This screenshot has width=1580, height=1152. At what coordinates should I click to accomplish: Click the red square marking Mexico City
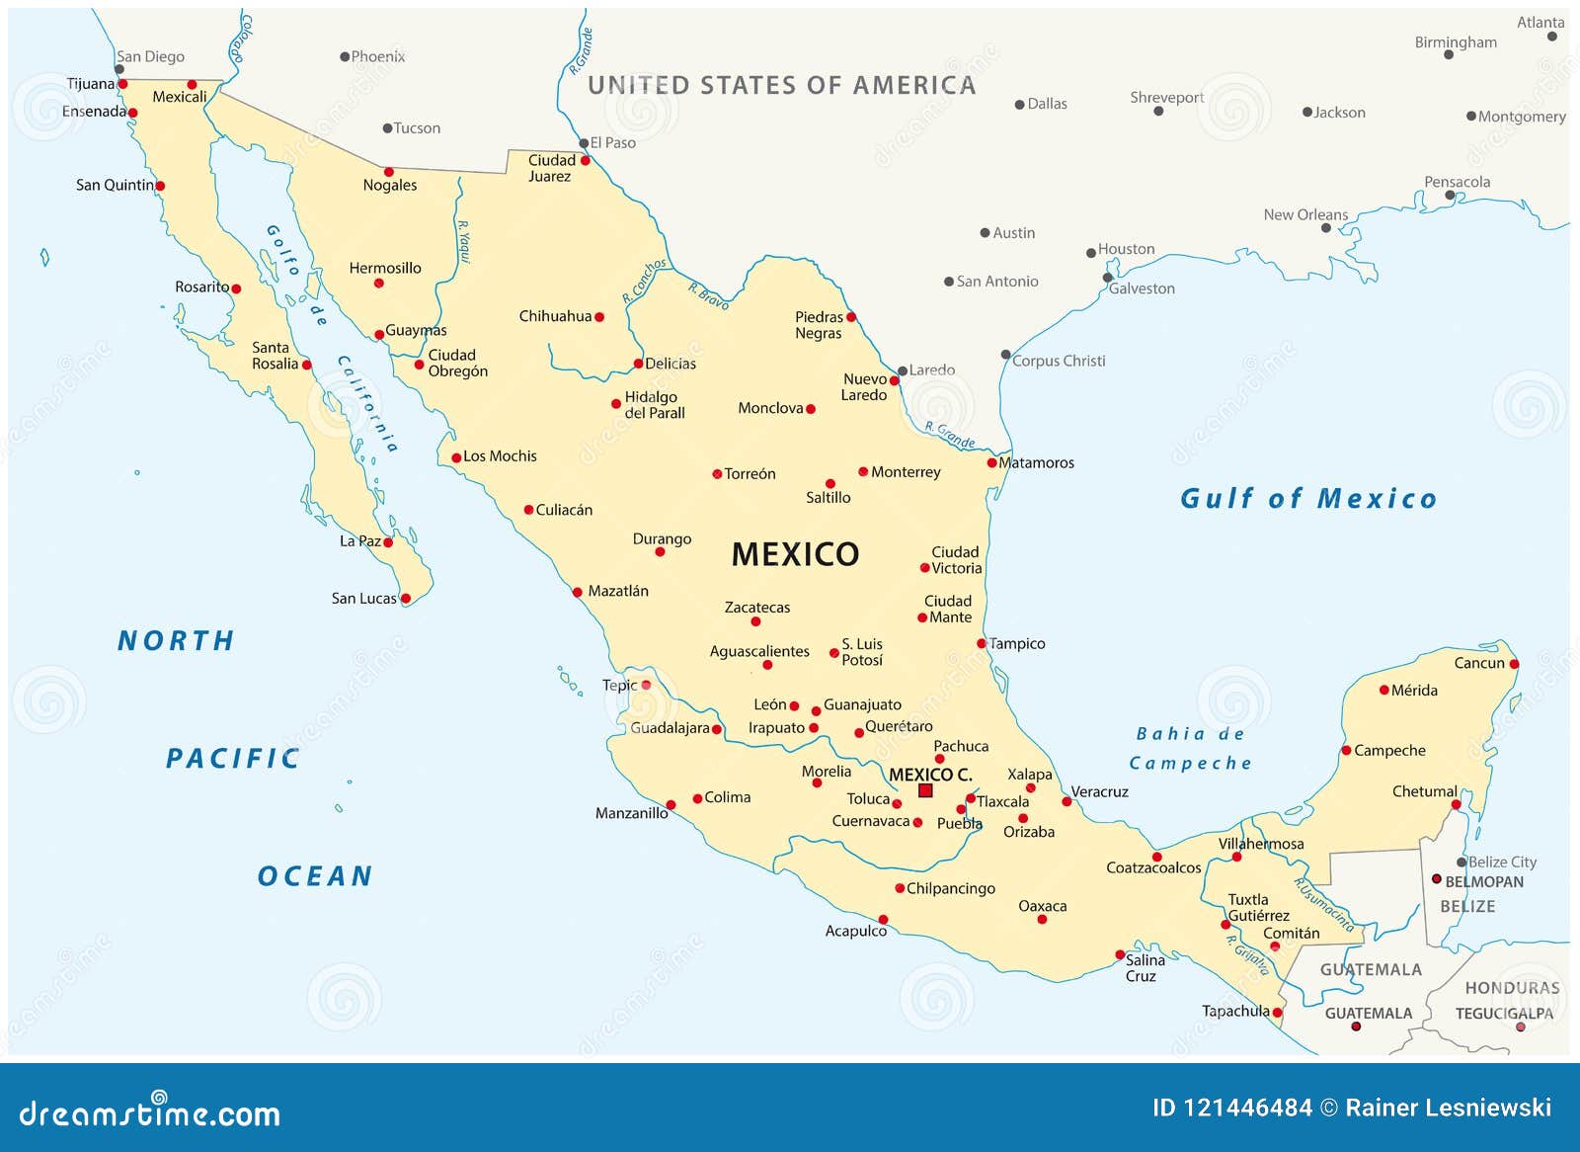pyautogui.click(x=925, y=790)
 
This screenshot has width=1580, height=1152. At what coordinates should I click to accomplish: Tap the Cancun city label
pyautogui.click(x=1478, y=663)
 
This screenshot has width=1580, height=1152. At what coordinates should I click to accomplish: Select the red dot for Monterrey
pyautogui.click(x=863, y=472)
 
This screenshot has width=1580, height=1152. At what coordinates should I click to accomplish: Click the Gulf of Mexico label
pyautogui.click(x=1308, y=499)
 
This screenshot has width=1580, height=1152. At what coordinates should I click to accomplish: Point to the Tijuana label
pyautogui.click(x=90, y=84)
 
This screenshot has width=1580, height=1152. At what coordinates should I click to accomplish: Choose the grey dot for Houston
pyautogui.click(x=1091, y=253)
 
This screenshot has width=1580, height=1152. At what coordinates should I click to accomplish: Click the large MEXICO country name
pyautogui.click(x=795, y=554)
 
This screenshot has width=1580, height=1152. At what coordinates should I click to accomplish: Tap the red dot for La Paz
pyautogui.click(x=388, y=542)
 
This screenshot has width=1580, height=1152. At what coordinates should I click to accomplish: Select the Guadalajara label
pyautogui.click(x=670, y=728)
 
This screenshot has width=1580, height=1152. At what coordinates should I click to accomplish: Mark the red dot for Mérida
pyautogui.click(x=1383, y=691)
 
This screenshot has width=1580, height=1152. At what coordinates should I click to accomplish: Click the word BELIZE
pyautogui.click(x=1467, y=906)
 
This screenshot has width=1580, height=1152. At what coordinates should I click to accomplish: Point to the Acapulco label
pyautogui.click(x=855, y=931)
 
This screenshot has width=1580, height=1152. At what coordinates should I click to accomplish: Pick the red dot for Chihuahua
pyautogui.click(x=599, y=317)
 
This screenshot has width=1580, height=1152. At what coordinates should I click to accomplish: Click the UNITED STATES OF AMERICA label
pyautogui.click(x=781, y=86)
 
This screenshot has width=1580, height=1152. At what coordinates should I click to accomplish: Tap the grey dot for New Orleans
pyautogui.click(x=1326, y=228)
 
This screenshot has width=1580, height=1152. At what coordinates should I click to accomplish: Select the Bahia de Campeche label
pyautogui.click(x=1190, y=748)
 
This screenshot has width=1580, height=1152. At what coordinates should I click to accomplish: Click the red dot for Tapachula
pyautogui.click(x=1277, y=1013)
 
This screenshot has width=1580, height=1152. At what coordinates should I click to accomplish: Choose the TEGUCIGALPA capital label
pyautogui.click(x=1503, y=1014)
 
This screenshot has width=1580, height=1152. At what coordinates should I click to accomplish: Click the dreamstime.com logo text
pyautogui.click(x=150, y=1113)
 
